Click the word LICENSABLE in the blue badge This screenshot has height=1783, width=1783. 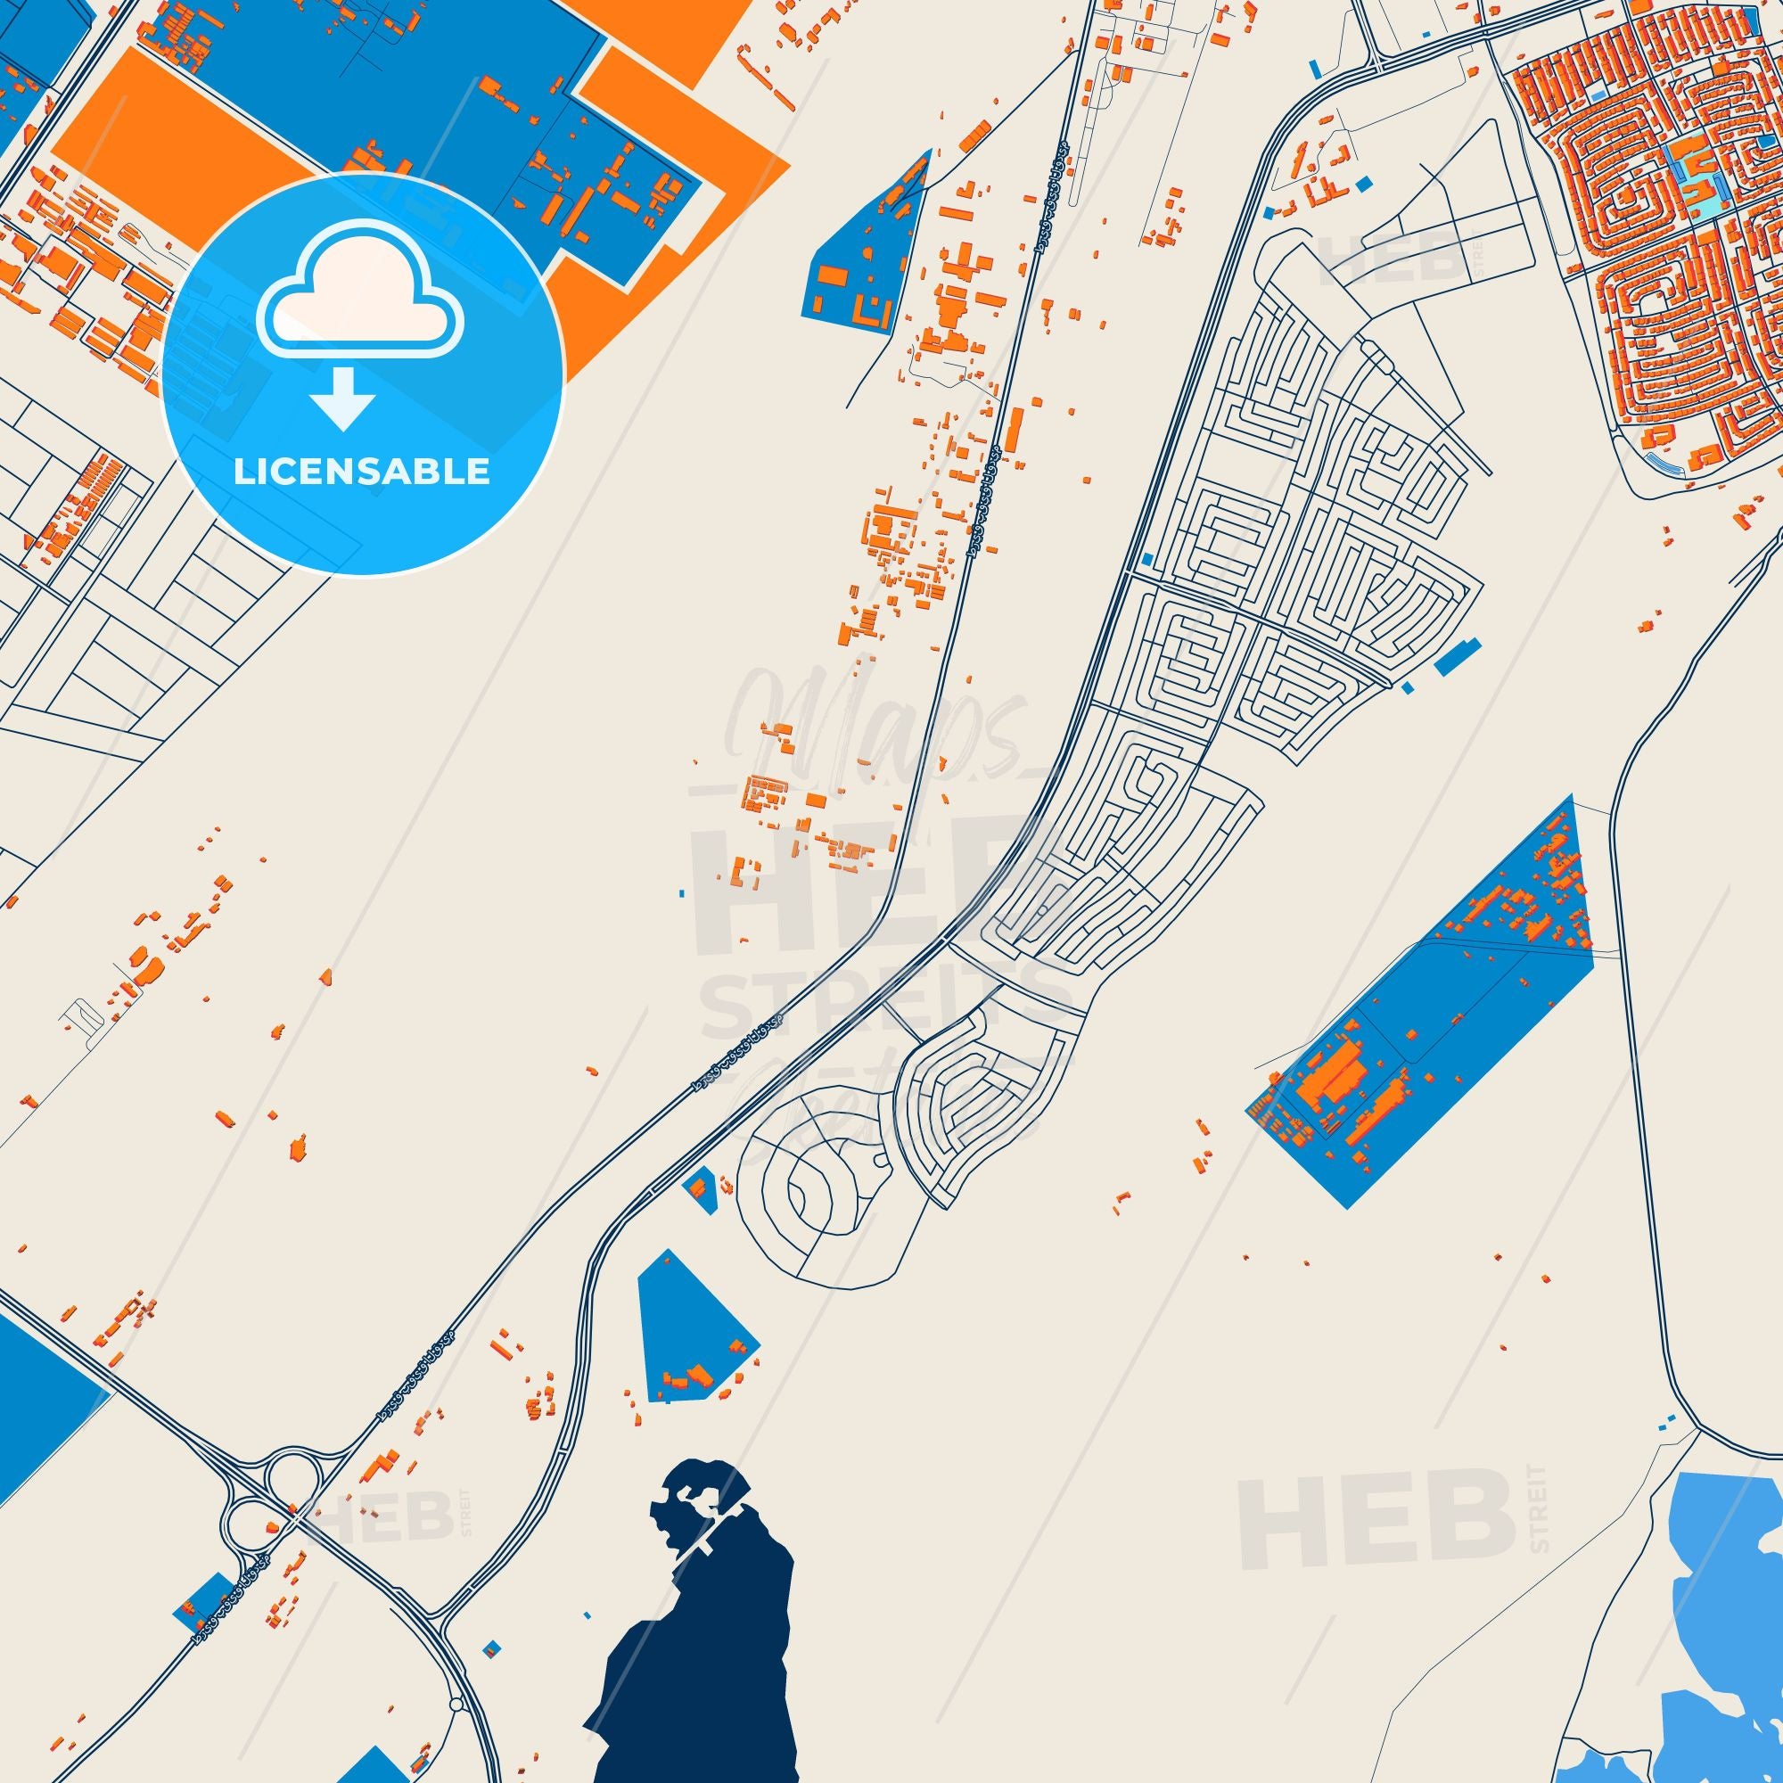(x=362, y=472)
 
